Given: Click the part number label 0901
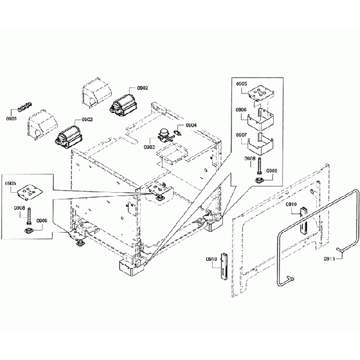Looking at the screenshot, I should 11,119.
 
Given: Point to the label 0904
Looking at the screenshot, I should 191,126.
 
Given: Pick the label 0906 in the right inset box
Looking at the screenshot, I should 241,110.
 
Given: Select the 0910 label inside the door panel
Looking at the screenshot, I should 292,205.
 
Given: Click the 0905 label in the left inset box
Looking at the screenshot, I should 11,182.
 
